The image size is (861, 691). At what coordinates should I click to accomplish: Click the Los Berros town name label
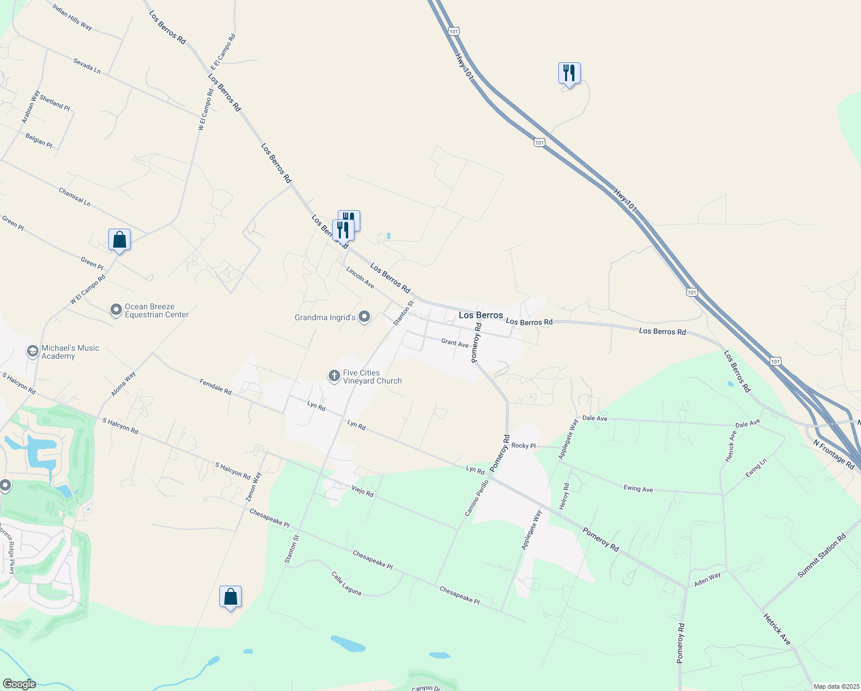click(x=481, y=315)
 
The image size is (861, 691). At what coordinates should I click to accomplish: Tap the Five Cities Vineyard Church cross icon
click(x=334, y=377)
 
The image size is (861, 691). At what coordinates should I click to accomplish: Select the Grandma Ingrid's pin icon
click(x=364, y=317)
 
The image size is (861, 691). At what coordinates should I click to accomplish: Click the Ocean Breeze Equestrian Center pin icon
click(x=116, y=310)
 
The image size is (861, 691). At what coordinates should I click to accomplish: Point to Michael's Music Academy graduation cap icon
click(x=33, y=351)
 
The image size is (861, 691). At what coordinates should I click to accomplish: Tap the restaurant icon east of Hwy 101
click(x=569, y=73)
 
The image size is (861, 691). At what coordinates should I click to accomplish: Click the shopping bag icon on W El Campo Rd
click(x=119, y=240)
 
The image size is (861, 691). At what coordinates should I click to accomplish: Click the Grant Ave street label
click(x=455, y=343)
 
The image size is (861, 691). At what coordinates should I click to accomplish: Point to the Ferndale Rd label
click(x=215, y=386)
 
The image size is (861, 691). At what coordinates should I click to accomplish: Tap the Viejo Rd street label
click(x=363, y=491)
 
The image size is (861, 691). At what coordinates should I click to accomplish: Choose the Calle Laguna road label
click(x=346, y=583)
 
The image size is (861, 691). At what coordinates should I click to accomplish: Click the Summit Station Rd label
click(x=821, y=556)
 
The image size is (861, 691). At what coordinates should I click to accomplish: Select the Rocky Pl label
click(x=523, y=446)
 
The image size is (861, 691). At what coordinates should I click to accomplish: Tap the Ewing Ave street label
click(x=638, y=488)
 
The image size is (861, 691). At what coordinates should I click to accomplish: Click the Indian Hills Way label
click(x=72, y=18)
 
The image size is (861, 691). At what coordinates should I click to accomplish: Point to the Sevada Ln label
click(x=87, y=66)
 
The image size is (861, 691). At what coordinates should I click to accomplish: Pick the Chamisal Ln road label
click(x=75, y=197)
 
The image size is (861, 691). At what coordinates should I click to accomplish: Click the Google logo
click(x=19, y=684)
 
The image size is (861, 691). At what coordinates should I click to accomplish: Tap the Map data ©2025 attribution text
click(x=836, y=686)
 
